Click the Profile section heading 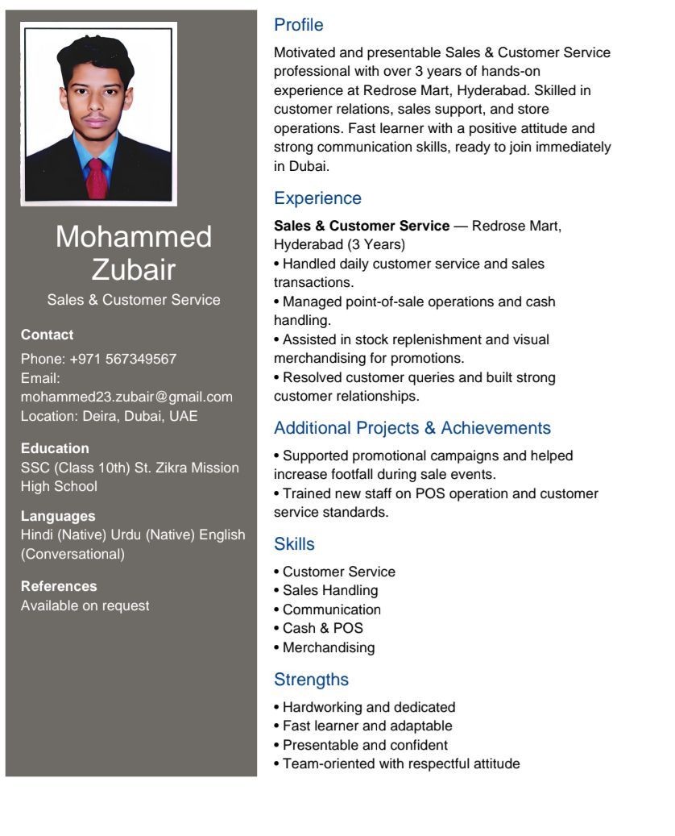click(x=298, y=25)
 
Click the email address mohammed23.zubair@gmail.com click(x=126, y=397)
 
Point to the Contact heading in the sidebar click(x=47, y=335)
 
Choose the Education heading click(x=55, y=448)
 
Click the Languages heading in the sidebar click(x=58, y=516)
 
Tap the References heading click(x=59, y=586)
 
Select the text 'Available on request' click(x=85, y=605)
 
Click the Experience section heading click(x=317, y=198)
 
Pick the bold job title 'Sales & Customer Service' click(x=362, y=226)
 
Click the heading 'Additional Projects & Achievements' click(x=412, y=428)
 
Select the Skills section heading click(x=294, y=544)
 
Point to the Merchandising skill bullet click(x=328, y=647)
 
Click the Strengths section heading click(x=311, y=680)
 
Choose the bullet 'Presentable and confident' click(x=365, y=745)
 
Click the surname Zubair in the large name click(x=134, y=269)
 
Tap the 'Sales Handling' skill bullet click(x=329, y=590)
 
